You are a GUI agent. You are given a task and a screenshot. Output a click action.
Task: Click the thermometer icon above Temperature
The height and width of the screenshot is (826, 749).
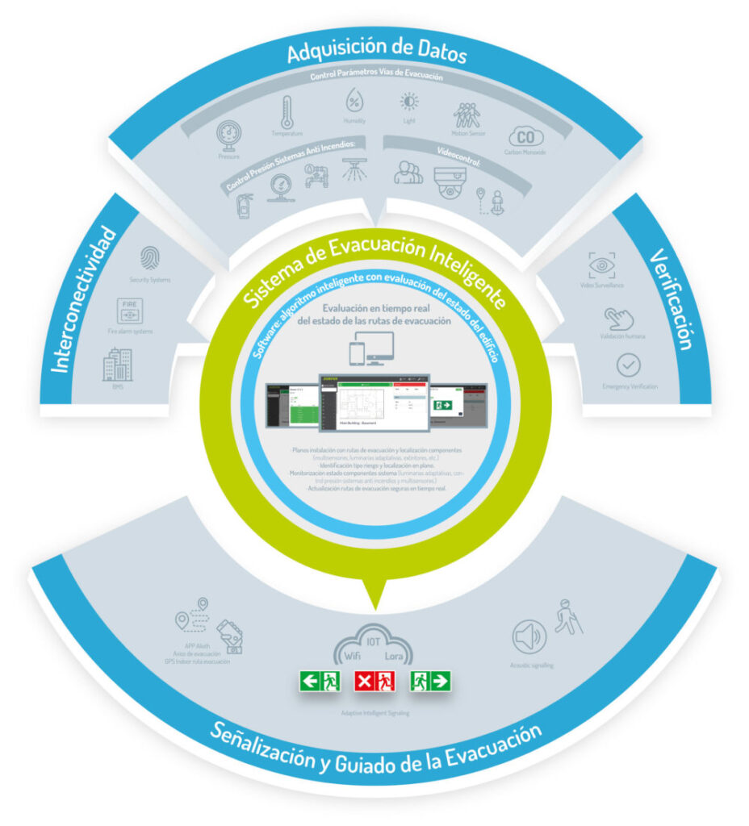coord(286,113)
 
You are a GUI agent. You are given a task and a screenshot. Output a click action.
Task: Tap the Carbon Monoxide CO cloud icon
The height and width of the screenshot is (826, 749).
coord(525,137)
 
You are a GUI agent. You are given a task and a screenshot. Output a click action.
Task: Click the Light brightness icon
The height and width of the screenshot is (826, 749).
coord(410,102)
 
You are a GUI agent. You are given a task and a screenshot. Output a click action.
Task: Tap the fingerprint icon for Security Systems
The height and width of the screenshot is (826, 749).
coord(150,258)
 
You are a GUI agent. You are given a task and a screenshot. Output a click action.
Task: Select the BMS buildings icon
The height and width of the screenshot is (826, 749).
coord(117,365)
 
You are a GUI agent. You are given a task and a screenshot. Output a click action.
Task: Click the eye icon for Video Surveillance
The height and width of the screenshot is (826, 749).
coord(601,265)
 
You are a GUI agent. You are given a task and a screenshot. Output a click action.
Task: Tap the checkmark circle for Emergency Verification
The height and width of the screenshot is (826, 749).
coord(627,365)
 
